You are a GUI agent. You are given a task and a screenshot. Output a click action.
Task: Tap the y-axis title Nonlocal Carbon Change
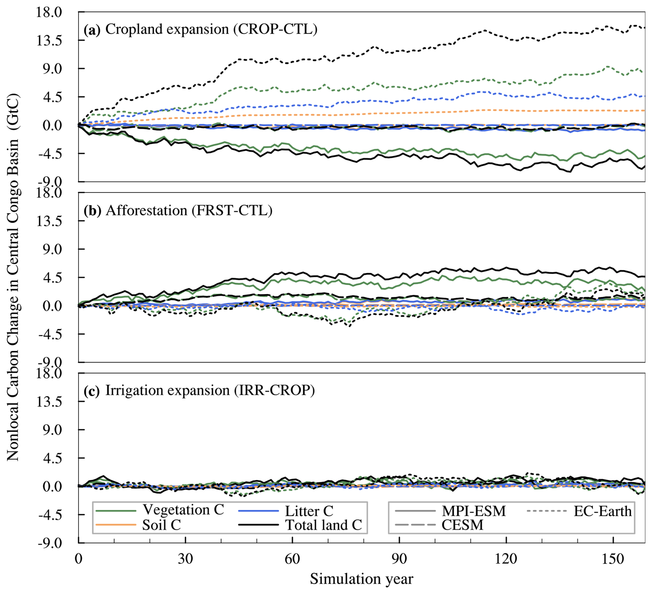13,277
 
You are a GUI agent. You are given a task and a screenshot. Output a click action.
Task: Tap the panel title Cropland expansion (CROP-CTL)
211,29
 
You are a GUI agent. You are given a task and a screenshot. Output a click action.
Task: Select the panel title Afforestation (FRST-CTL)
189,210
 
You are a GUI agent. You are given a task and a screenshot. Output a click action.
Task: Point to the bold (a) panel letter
92,30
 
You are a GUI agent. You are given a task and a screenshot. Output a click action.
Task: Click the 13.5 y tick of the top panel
49,40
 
